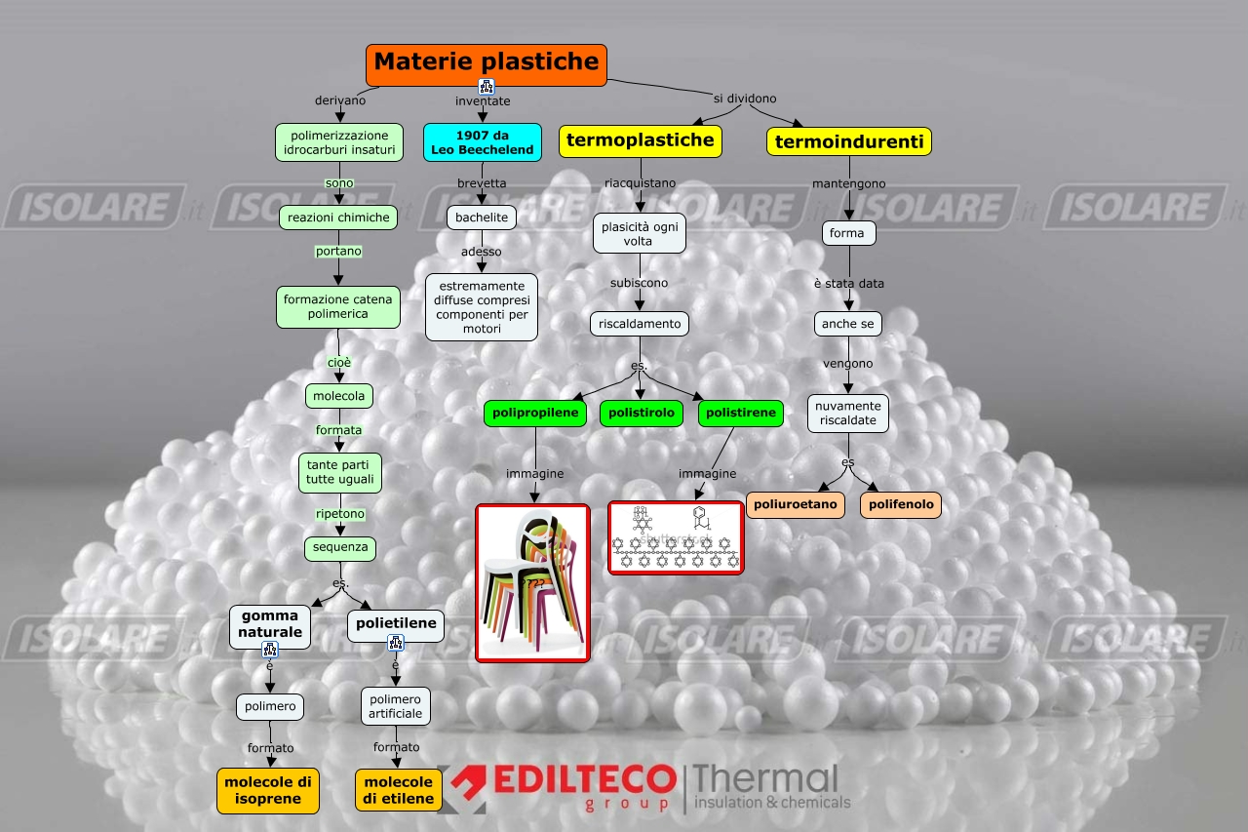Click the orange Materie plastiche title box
(x=486, y=63)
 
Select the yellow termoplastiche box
(x=640, y=140)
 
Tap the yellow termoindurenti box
(x=848, y=142)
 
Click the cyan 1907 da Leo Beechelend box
(x=482, y=142)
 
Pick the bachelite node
(x=482, y=218)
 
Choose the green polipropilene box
(x=536, y=414)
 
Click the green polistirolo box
(x=641, y=414)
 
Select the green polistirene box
(x=741, y=414)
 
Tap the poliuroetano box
(x=795, y=505)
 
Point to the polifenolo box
(x=900, y=505)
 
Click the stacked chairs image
(x=532, y=582)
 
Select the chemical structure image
(x=675, y=537)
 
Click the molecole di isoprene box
(x=268, y=790)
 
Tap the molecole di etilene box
(x=398, y=790)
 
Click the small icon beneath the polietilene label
(x=396, y=643)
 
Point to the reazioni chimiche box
(x=337, y=218)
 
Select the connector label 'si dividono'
(x=745, y=99)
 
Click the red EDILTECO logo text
(x=585, y=779)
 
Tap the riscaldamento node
(x=640, y=324)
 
